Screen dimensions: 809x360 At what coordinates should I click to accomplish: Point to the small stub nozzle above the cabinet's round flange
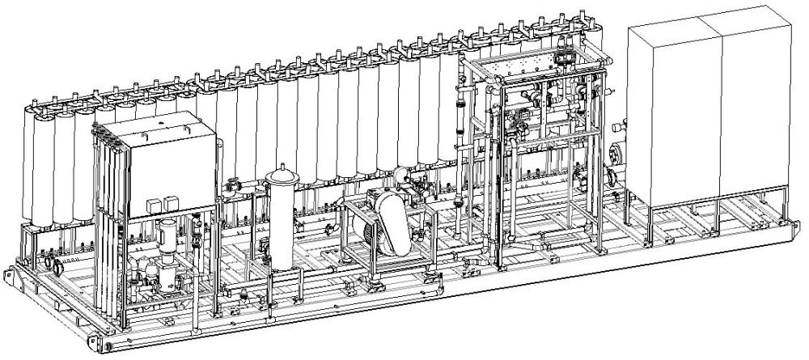tap(617, 127)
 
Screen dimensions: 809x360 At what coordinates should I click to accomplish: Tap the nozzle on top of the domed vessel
tap(282, 169)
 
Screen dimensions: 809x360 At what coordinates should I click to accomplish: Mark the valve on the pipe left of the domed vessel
tap(234, 185)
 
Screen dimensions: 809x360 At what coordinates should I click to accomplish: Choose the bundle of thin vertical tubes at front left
tap(109, 227)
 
